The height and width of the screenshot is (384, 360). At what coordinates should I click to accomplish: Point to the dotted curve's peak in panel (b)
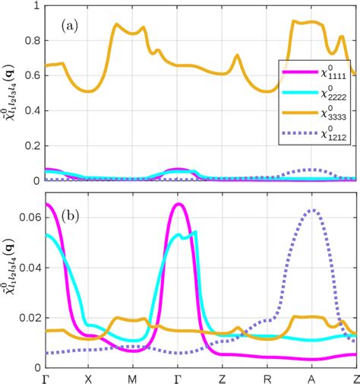(x=311, y=210)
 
